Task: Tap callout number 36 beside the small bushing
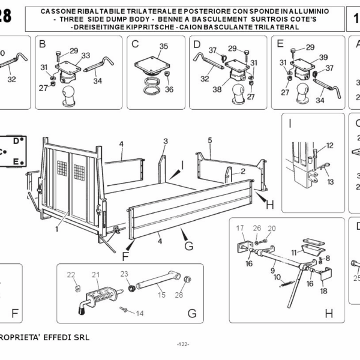pos(170,89)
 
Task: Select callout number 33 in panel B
pos(86,55)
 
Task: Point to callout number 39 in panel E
pos(323,57)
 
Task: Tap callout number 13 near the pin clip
pos(330,181)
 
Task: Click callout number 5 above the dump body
pos(210,140)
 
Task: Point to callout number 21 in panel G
pos(95,275)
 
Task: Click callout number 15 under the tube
pos(161,294)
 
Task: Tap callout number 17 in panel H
pos(240,228)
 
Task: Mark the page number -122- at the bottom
pos(183,344)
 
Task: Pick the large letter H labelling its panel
pos(328,313)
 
